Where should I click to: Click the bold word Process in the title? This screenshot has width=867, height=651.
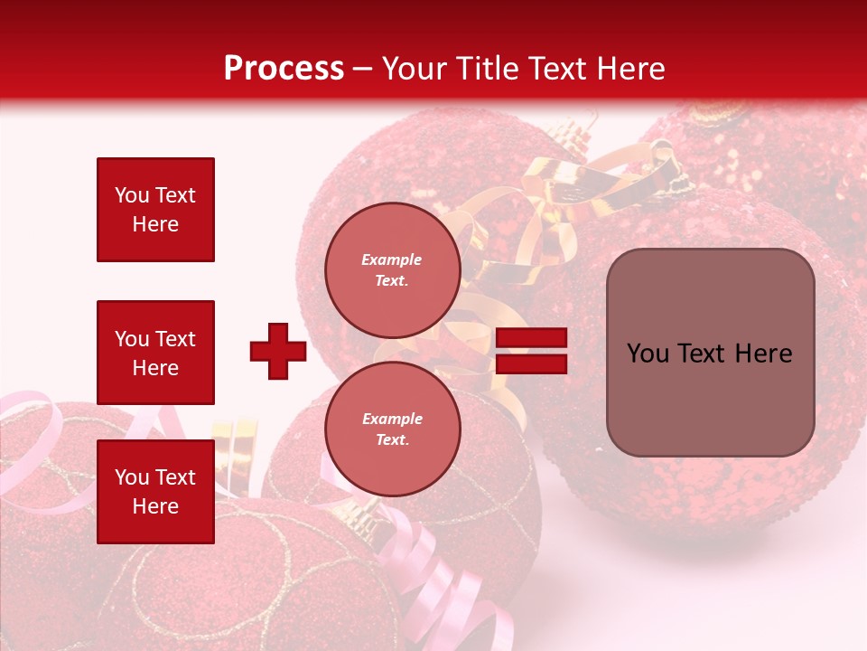[284, 69]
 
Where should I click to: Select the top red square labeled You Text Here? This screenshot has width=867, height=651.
[155, 210]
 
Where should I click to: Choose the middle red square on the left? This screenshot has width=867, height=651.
[155, 353]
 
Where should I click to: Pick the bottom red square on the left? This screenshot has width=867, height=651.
[155, 492]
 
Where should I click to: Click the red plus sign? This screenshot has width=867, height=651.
[278, 351]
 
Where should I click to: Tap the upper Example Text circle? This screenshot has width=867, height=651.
[392, 270]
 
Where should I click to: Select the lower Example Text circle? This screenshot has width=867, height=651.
[392, 429]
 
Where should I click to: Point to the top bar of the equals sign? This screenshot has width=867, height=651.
[531, 338]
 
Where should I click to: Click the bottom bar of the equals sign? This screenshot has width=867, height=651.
[531, 363]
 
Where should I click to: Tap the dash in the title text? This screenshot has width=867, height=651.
[363, 70]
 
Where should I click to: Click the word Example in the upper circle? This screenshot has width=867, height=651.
[392, 259]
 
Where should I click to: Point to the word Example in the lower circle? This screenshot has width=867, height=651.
[392, 419]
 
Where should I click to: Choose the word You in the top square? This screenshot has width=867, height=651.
[132, 195]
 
